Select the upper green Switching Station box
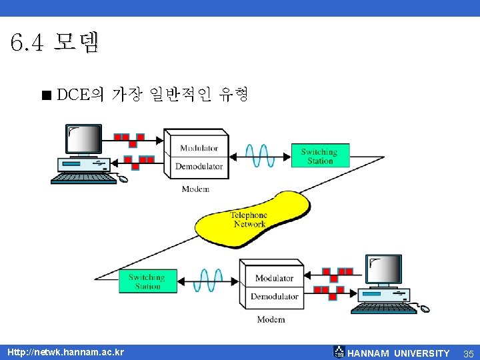point(319,156)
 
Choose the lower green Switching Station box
point(147,281)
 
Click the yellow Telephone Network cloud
point(250,218)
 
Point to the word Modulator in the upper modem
point(199,148)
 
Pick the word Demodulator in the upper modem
point(199,166)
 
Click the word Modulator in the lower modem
point(274,278)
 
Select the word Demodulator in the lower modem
point(274,296)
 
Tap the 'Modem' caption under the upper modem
point(195,189)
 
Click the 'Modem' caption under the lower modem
point(271,319)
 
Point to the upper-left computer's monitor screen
point(85,139)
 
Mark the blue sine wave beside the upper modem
point(260,155)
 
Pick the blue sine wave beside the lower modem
point(208,280)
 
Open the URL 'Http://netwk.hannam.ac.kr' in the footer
point(65,352)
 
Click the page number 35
point(468,353)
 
